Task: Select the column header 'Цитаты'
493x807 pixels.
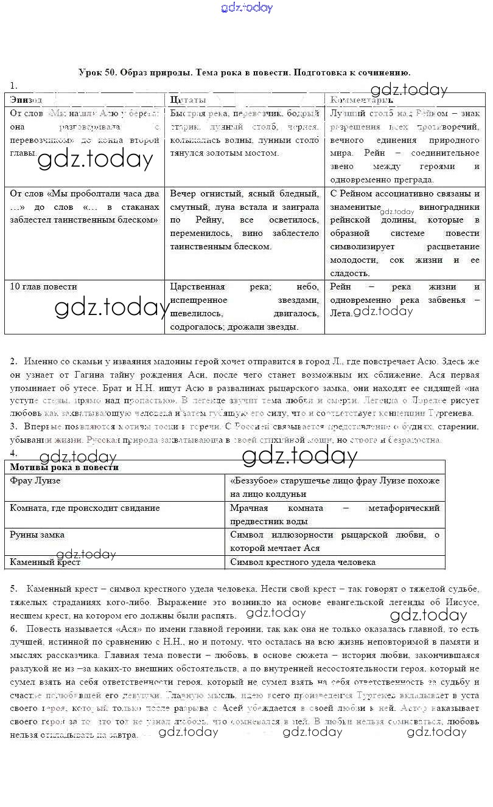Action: tap(187, 99)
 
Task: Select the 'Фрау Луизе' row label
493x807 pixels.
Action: tap(35, 480)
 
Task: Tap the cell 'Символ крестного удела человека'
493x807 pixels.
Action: tap(302, 562)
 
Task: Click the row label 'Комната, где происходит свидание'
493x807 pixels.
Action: tap(85, 508)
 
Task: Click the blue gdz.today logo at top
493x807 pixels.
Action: tap(246, 8)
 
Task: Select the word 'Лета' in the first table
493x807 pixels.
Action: tap(340, 313)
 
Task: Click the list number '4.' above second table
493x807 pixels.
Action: tap(13, 453)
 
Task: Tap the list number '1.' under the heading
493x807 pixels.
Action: tap(13, 85)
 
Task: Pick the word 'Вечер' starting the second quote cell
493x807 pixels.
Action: tap(183, 193)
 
